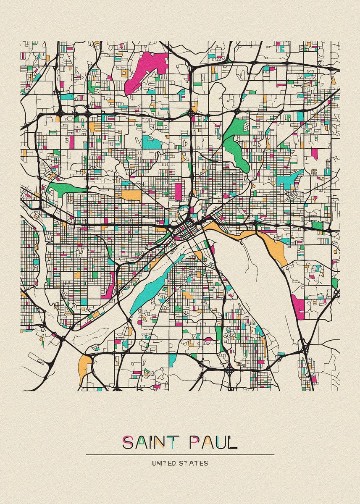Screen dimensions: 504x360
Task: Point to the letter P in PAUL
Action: tap(195, 443)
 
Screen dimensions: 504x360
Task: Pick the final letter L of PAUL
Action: tap(233, 443)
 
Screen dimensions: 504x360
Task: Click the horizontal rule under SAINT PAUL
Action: tap(180, 454)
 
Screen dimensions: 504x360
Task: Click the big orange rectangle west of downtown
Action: tap(131, 196)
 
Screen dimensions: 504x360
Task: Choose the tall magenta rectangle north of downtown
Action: tap(179, 191)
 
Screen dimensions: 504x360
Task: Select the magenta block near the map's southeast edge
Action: tap(299, 306)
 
